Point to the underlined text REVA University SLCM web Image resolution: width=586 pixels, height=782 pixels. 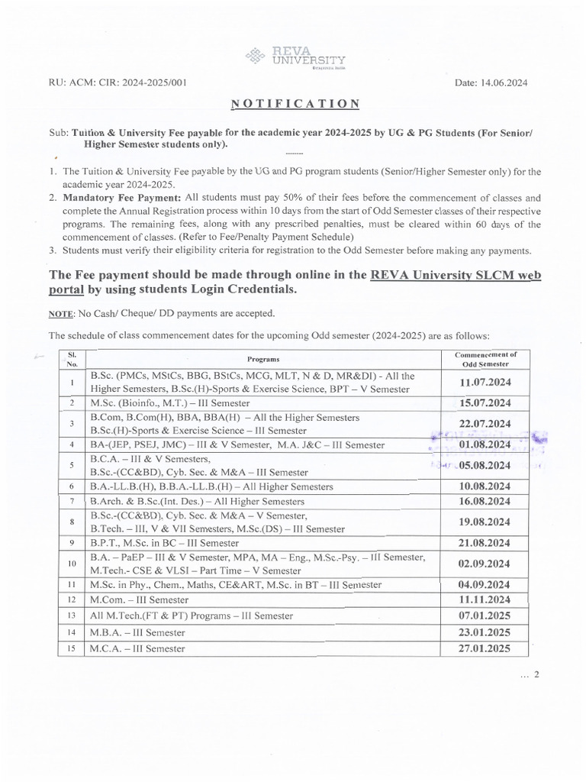click(x=456, y=276)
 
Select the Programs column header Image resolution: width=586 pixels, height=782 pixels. click(x=263, y=358)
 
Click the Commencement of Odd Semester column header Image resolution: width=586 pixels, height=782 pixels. click(x=485, y=358)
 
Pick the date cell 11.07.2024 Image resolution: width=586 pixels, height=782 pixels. click(x=485, y=382)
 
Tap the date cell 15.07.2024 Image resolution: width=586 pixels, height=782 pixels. click(x=485, y=403)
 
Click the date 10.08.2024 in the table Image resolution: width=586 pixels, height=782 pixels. click(x=485, y=486)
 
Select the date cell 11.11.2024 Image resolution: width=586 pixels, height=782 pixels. click(x=485, y=600)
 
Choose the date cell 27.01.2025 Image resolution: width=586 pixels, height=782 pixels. click(x=485, y=648)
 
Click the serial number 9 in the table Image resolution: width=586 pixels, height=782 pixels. click(x=71, y=543)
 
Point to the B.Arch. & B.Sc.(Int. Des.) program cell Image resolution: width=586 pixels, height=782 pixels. click(x=187, y=502)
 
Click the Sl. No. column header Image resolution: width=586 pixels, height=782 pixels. click(x=71, y=358)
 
